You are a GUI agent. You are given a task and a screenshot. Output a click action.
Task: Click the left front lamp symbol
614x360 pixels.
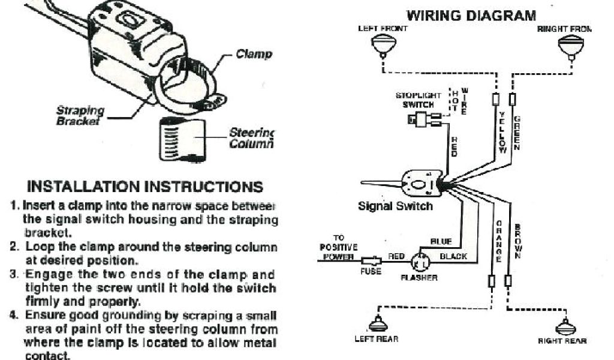pyautogui.click(x=381, y=46)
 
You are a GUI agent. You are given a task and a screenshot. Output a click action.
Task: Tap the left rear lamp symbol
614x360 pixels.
pyautogui.click(x=378, y=324)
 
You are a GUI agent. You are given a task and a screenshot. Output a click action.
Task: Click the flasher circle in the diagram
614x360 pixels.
pyautogui.click(x=420, y=261)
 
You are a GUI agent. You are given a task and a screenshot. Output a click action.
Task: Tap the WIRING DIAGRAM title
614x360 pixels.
pyautogui.click(x=472, y=16)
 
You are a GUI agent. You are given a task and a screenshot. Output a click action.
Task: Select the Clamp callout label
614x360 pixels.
pyautogui.click(x=254, y=55)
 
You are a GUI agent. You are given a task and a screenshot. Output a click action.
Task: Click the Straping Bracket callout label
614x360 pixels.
pyautogui.click(x=80, y=115)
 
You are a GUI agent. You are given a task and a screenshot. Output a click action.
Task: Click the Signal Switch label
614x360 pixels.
pyautogui.click(x=395, y=206)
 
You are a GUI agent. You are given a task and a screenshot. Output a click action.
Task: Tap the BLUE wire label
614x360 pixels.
pyautogui.click(x=441, y=241)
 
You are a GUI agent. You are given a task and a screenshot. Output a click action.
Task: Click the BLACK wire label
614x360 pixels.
pyautogui.click(x=453, y=256)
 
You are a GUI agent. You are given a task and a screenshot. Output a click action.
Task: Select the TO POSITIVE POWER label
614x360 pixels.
pyautogui.click(x=339, y=247)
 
